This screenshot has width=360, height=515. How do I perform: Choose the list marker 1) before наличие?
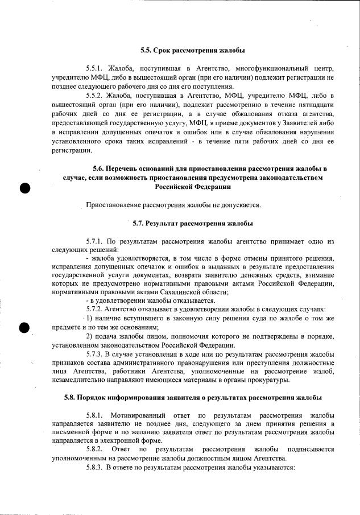(90, 318)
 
